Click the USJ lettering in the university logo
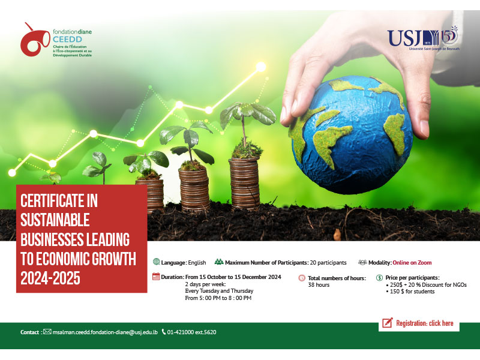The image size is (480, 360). (404, 38)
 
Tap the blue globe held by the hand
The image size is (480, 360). (352, 134)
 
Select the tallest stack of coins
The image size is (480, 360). (245, 183)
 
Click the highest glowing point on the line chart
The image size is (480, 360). (261, 67)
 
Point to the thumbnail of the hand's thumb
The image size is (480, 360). (424, 128)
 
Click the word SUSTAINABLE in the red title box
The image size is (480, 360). (55, 220)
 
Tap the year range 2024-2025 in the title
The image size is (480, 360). (50, 278)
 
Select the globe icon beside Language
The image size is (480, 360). (156, 262)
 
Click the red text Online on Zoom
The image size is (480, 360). (412, 263)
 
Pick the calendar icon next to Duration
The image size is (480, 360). (156, 277)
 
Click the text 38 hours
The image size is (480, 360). (319, 285)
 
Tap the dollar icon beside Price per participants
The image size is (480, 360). (379, 278)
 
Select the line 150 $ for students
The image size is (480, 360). (412, 292)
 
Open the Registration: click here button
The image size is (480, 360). (419, 323)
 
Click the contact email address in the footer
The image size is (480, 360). (105, 332)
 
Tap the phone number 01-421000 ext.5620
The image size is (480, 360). (191, 332)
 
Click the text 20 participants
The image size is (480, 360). (328, 263)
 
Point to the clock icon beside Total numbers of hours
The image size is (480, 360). (302, 278)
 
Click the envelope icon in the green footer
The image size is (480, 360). (47, 332)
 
